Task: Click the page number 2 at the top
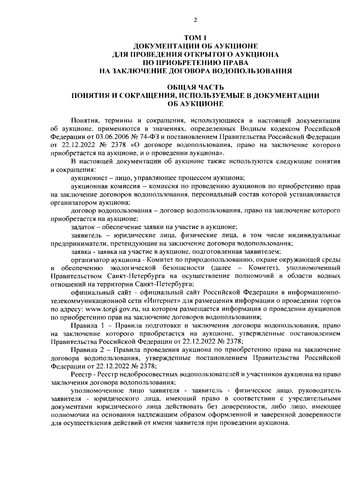pos(195,20)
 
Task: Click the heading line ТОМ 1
pos(195,38)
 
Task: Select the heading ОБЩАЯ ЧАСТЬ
pos(195,88)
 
